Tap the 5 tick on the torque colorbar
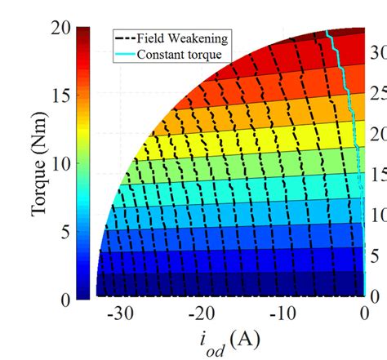pos(66,233)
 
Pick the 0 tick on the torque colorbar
pos(66,300)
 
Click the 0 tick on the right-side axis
pos(376,295)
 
